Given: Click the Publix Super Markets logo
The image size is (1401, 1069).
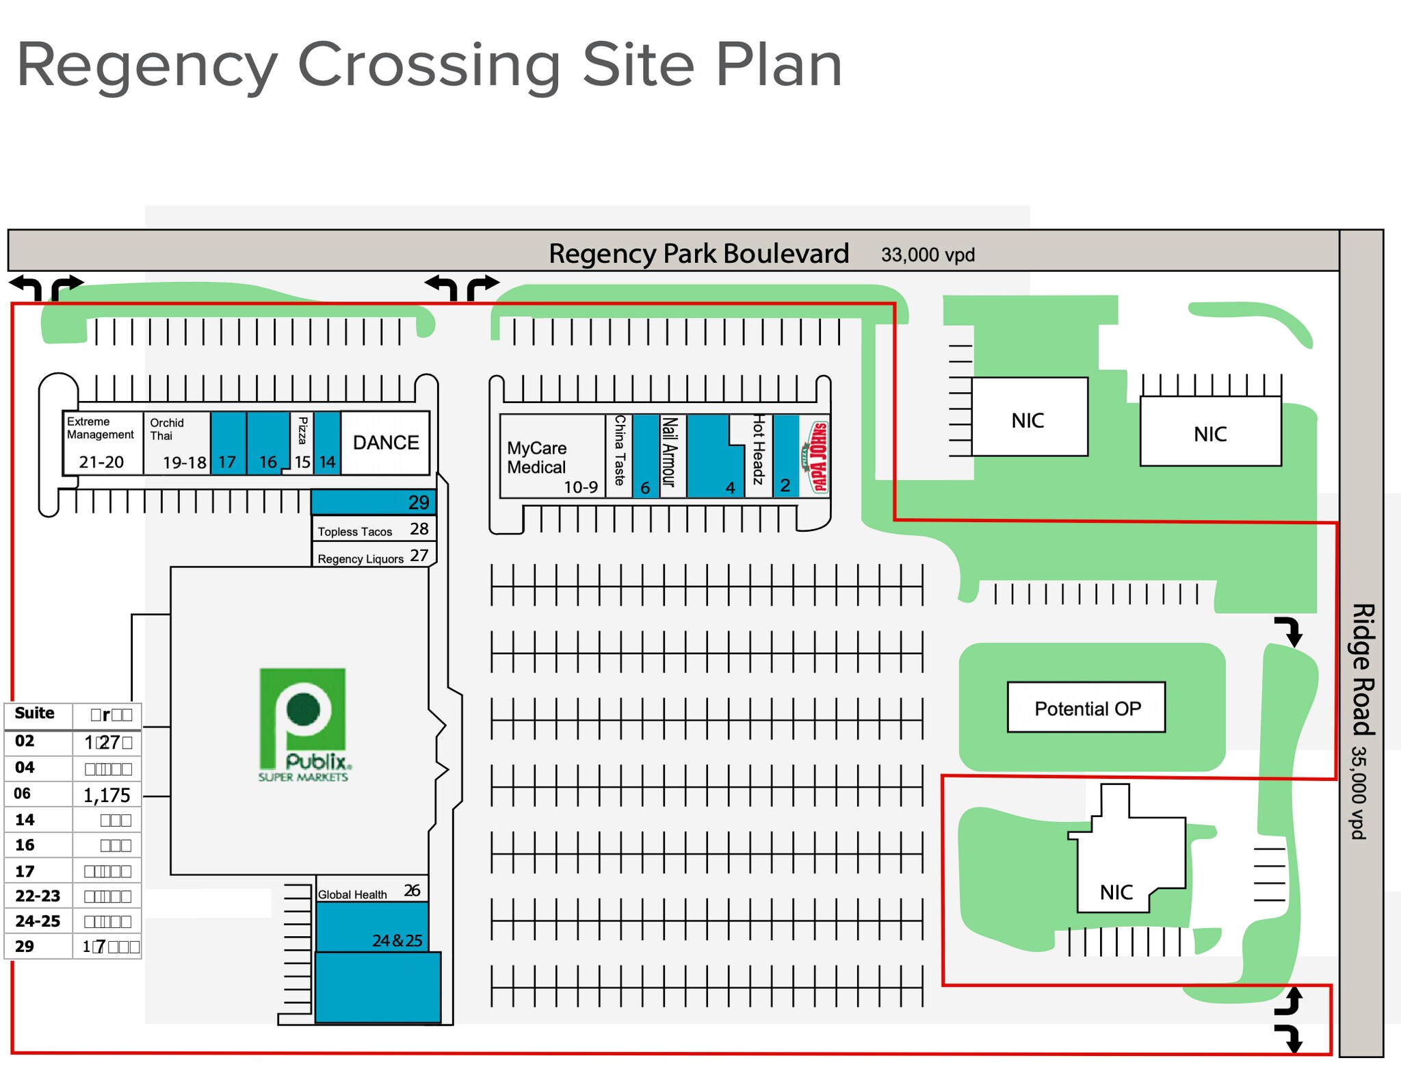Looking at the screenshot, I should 303,724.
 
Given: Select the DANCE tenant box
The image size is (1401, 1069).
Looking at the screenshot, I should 386,443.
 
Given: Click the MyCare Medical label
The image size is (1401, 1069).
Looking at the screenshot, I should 537,457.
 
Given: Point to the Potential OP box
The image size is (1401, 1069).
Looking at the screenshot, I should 1086,708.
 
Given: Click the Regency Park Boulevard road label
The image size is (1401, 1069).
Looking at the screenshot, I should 698,253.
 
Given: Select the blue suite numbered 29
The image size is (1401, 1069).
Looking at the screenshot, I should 374,502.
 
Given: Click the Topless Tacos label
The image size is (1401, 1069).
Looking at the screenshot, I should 355,532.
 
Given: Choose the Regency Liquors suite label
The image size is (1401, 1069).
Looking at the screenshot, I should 361,558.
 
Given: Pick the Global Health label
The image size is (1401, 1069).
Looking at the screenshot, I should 352,894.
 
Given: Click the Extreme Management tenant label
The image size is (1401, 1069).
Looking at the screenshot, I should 101,428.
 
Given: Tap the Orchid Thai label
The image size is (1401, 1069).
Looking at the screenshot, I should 166,429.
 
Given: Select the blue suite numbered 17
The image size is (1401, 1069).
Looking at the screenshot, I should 228,443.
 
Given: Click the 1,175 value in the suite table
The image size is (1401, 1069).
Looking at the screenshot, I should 107,795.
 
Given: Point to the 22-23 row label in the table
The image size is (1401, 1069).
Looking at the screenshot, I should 38,896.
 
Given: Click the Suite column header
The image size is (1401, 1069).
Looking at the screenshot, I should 35,713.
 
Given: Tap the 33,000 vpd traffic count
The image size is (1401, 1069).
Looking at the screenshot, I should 928,255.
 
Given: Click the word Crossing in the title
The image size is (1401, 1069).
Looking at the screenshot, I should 428,66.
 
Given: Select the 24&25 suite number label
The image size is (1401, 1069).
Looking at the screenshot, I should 397,940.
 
